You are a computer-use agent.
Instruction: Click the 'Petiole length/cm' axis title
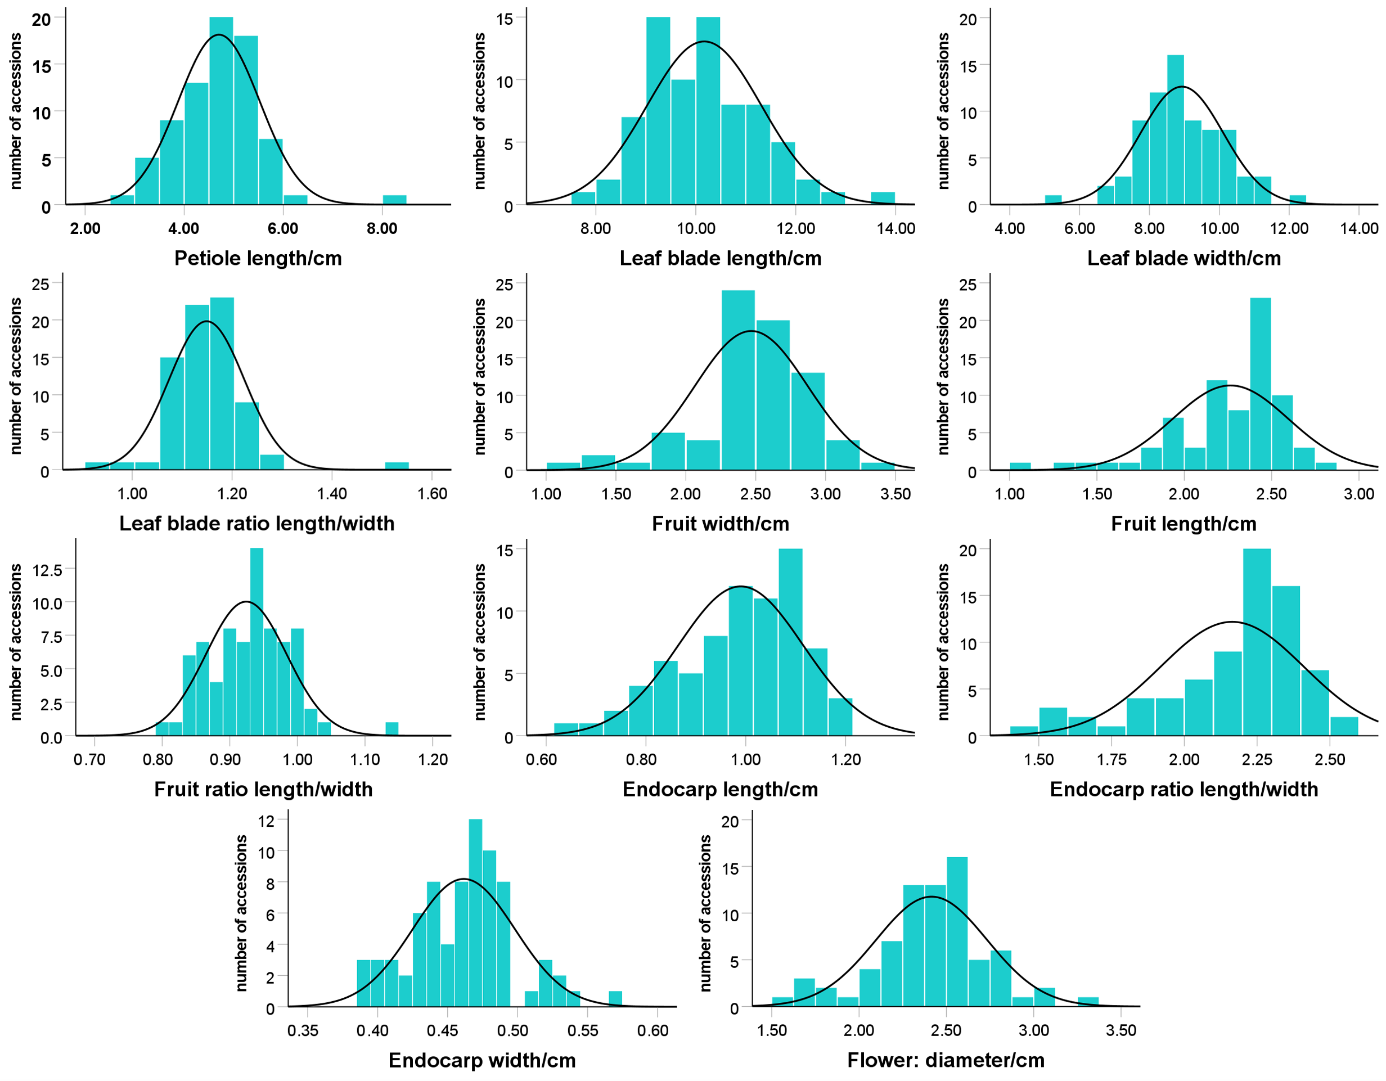click(x=258, y=258)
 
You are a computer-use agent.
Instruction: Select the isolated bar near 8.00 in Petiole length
click(x=395, y=200)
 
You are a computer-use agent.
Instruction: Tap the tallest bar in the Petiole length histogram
click(x=222, y=111)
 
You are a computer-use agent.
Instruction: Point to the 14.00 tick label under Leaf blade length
click(x=896, y=228)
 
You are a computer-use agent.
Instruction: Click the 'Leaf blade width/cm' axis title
click(x=1184, y=258)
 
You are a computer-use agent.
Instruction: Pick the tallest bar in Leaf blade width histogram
click(x=1175, y=130)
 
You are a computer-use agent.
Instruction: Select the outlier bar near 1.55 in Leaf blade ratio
click(x=397, y=466)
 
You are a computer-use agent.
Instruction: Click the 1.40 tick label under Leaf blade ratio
click(x=332, y=494)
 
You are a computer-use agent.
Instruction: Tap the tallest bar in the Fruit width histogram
click(x=738, y=380)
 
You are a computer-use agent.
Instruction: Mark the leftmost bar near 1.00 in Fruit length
click(x=1020, y=466)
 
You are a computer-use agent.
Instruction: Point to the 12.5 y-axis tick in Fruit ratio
click(x=48, y=570)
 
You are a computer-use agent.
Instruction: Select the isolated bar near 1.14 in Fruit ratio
click(x=392, y=729)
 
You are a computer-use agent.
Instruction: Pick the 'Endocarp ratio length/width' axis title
click(x=1184, y=789)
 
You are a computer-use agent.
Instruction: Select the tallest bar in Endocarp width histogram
click(x=475, y=913)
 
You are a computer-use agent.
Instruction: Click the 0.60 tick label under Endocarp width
click(x=653, y=1030)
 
